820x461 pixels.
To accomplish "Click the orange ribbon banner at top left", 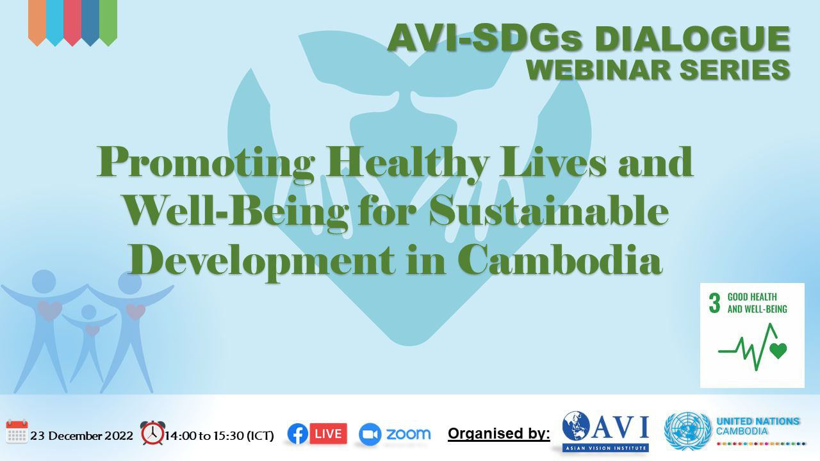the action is point(37,22).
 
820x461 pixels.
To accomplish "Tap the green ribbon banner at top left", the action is point(108,22).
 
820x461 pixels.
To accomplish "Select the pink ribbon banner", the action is point(72,22).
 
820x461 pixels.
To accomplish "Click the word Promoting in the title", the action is point(206,163).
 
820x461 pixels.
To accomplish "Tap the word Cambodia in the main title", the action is point(560,260).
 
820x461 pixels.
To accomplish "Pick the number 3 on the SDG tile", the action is point(714,303).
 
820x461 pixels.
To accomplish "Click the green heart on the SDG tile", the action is point(778,350).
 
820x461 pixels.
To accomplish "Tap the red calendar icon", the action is point(17,432).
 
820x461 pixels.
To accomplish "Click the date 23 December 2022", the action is point(81,436).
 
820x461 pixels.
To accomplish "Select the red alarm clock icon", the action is point(152,433).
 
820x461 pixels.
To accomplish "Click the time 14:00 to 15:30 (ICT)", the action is point(219,436).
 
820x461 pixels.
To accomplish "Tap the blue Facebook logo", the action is point(298,434).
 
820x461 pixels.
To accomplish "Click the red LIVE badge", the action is point(329,433).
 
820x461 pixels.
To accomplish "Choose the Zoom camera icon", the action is point(370,434).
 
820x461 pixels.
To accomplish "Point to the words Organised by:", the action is point(499,433).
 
